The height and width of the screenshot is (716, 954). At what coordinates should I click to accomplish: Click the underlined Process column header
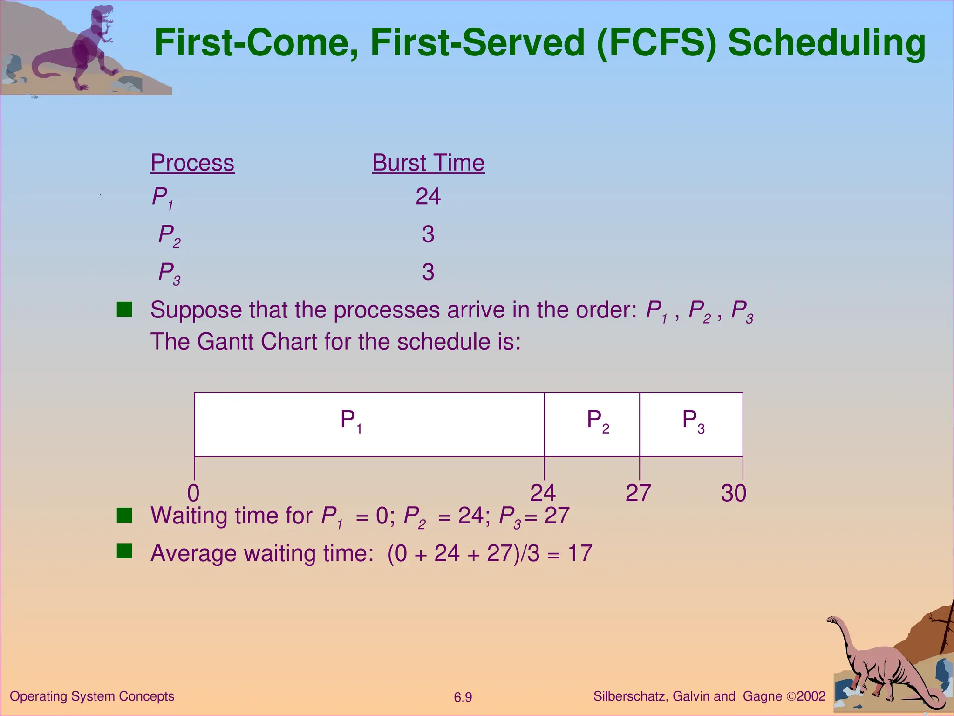pyautogui.click(x=192, y=163)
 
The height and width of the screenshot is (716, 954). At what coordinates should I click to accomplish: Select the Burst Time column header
pyautogui.click(x=428, y=163)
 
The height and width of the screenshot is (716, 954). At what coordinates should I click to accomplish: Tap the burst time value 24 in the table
pyautogui.click(x=428, y=196)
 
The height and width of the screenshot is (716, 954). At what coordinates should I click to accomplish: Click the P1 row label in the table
pyautogui.click(x=163, y=198)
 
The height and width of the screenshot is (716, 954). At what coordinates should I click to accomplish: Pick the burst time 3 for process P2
pyautogui.click(x=428, y=234)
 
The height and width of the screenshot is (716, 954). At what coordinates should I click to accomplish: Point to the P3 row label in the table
pyautogui.click(x=169, y=273)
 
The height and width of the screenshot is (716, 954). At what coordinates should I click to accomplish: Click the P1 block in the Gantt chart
pyautogui.click(x=368, y=424)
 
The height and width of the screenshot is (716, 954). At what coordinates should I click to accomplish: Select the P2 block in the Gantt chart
pyautogui.click(x=592, y=424)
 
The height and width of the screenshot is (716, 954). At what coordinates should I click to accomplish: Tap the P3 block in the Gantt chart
pyautogui.click(x=691, y=424)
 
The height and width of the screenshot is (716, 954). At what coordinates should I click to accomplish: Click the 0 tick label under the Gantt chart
pyautogui.click(x=193, y=493)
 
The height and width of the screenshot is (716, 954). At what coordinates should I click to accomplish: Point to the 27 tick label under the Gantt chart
pyautogui.click(x=638, y=493)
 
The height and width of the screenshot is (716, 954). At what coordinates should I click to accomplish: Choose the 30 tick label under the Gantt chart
pyautogui.click(x=733, y=493)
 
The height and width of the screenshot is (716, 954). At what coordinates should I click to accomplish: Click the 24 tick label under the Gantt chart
pyautogui.click(x=543, y=493)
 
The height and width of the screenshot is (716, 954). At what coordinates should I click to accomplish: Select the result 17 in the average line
pyautogui.click(x=579, y=553)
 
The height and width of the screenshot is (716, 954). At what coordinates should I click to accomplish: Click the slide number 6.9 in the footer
pyautogui.click(x=463, y=697)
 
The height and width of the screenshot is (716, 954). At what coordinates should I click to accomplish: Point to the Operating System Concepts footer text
pyautogui.click(x=92, y=696)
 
